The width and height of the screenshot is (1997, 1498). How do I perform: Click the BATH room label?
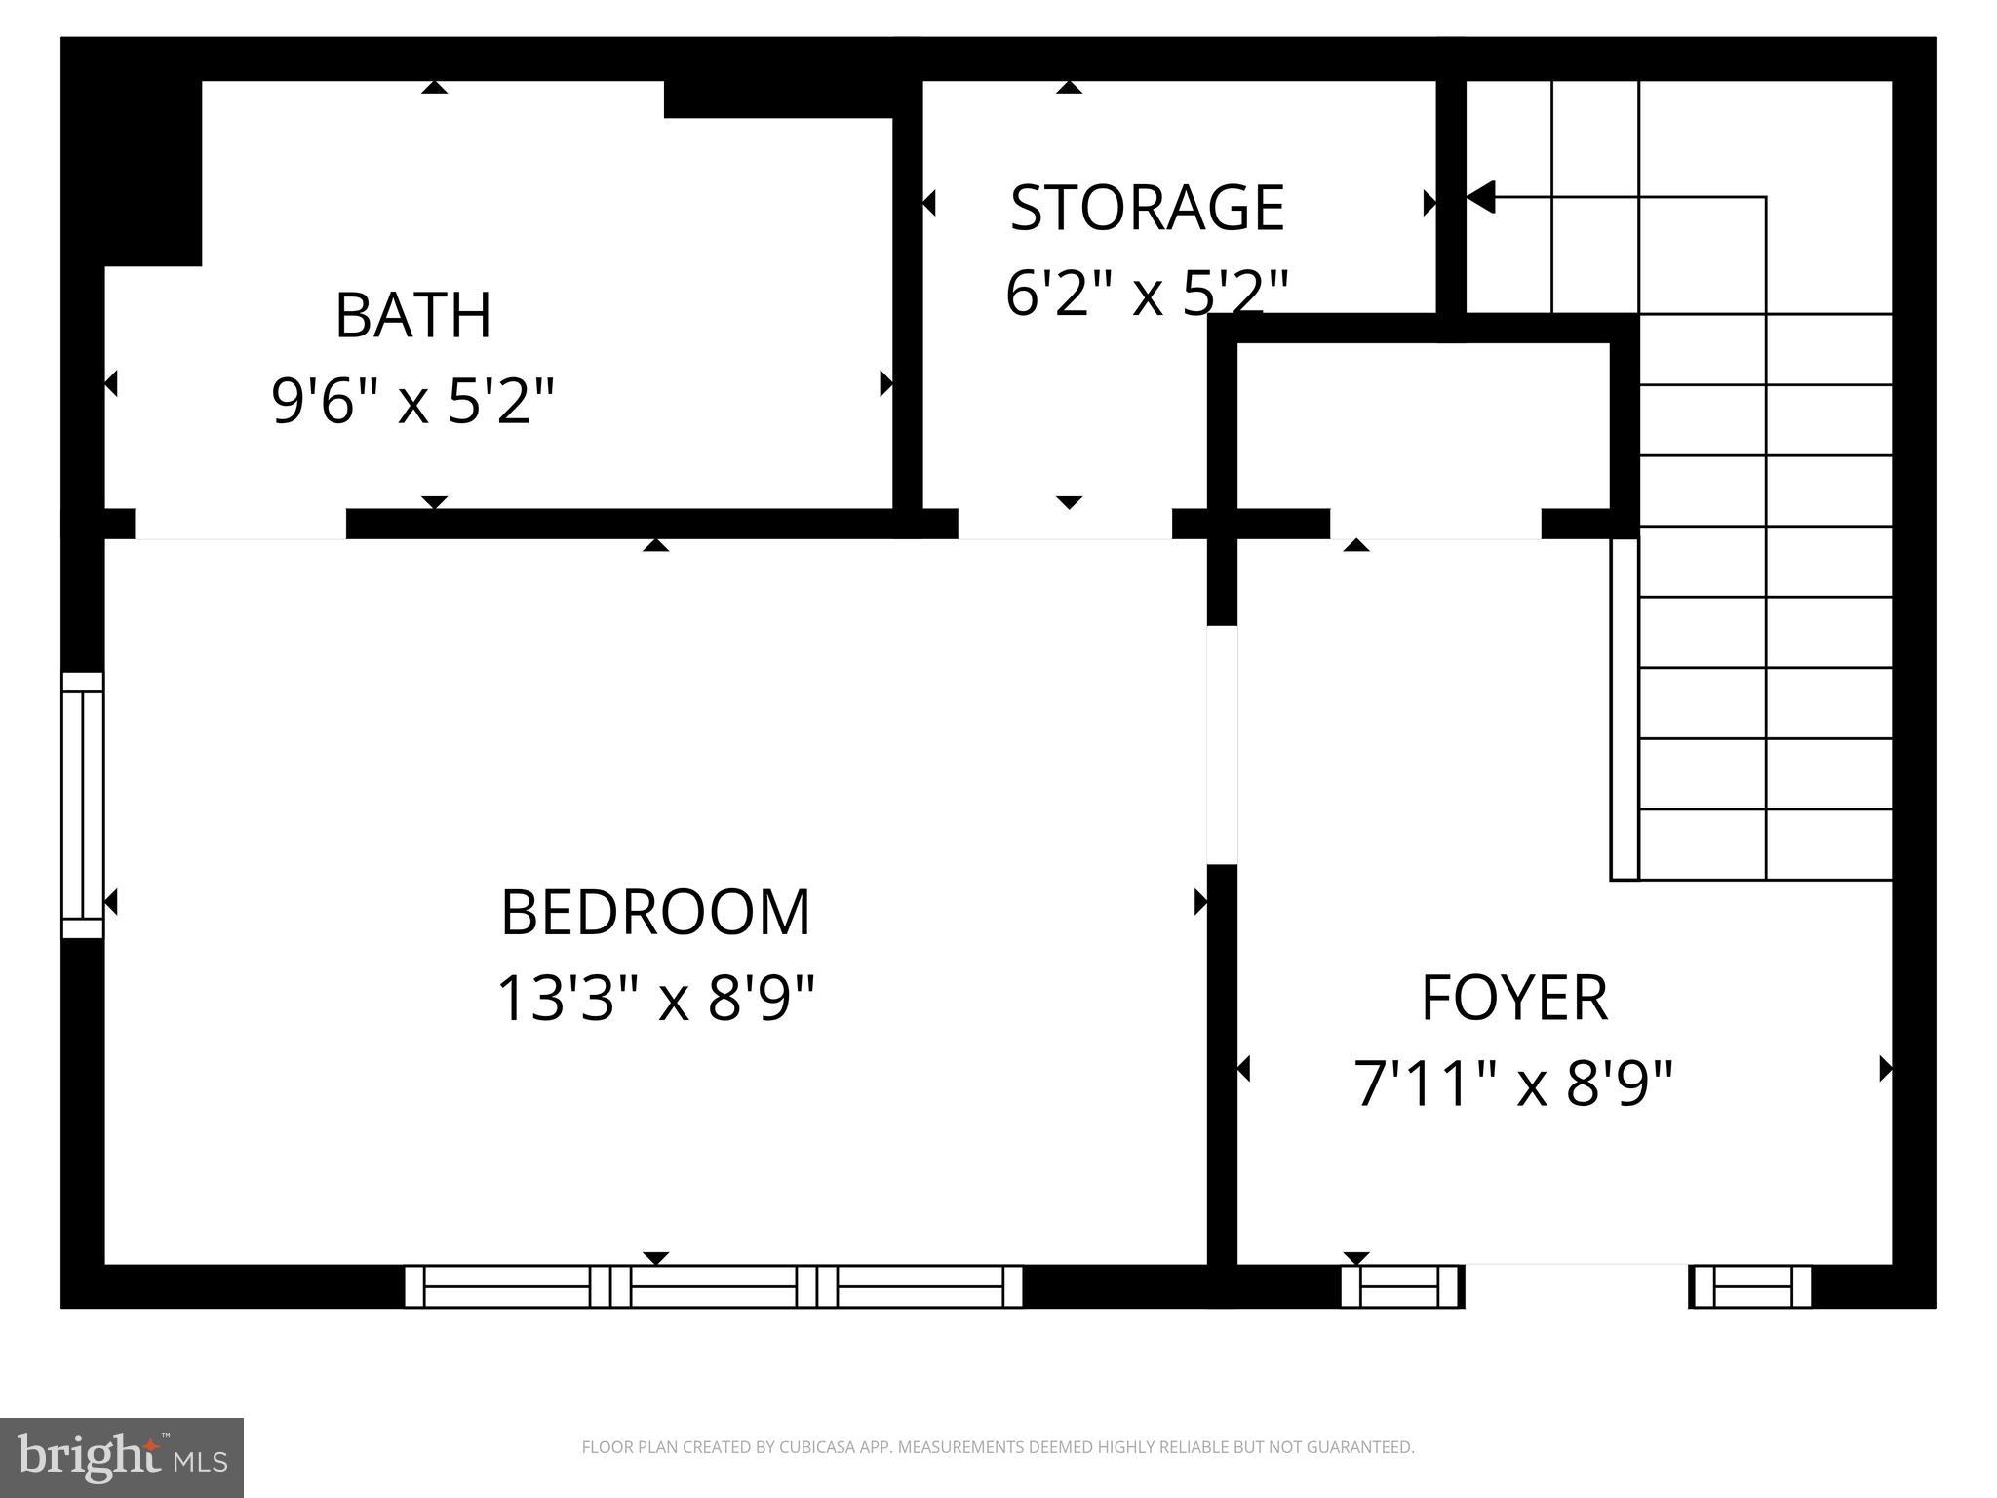pyautogui.click(x=412, y=315)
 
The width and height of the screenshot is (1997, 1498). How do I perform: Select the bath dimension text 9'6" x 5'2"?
pyautogui.click(x=412, y=401)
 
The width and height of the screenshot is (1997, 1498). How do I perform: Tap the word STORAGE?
pyautogui.click(x=1147, y=208)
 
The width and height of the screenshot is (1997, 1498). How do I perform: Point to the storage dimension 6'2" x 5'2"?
pyautogui.click(x=1147, y=292)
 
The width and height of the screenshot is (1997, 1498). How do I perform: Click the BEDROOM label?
pyautogui.click(x=655, y=913)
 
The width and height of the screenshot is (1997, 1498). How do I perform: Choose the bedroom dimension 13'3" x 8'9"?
pyautogui.click(x=655, y=998)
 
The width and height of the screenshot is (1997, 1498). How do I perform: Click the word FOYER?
pyautogui.click(x=1513, y=998)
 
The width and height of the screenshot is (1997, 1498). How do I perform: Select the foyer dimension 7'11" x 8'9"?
pyautogui.click(x=1513, y=1083)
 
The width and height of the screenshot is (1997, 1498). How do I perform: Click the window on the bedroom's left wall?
pyautogui.click(x=83, y=805)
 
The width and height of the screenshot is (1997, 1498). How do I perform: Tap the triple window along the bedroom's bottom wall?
pyautogui.click(x=714, y=1285)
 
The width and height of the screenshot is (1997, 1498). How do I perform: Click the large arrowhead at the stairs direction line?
pyautogui.click(x=1480, y=197)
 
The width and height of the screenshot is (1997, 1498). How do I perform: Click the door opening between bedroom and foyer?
pyautogui.click(x=1222, y=744)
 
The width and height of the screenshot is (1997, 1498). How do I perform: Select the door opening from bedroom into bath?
pyautogui.click(x=240, y=524)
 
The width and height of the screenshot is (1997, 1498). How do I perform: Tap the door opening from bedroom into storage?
pyautogui.click(x=1064, y=524)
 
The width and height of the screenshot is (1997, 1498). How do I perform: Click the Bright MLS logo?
pyautogui.click(x=122, y=1457)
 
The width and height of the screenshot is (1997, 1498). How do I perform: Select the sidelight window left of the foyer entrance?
pyautogui.click(x=1401, y=1285)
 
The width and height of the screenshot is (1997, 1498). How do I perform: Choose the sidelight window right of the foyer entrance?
pyautogui.click(x=1751, y=1285)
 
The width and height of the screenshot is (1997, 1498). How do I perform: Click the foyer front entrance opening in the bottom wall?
pyautogui.click(x=1576, y=1285)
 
